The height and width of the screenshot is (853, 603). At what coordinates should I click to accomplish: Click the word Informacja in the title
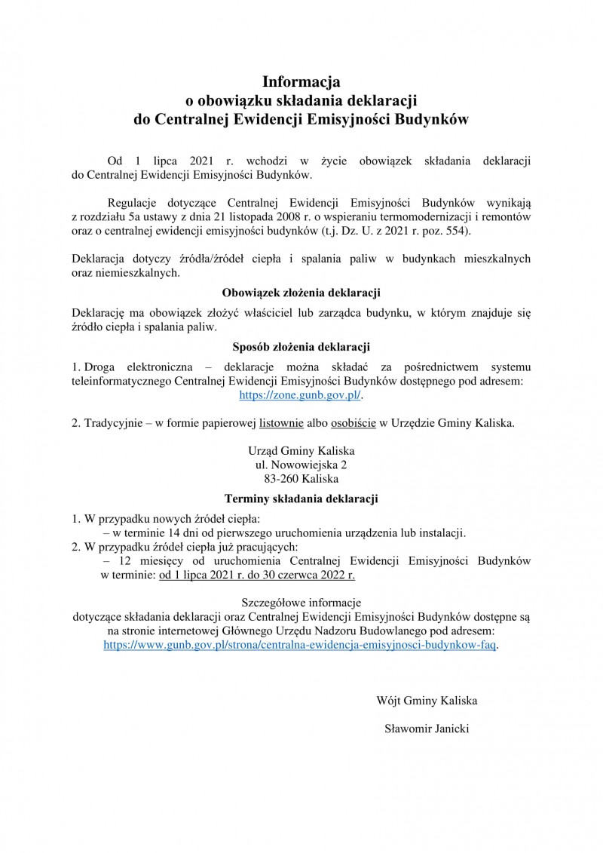tap(301, 81)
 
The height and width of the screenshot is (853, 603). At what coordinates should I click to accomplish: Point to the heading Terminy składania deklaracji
tap(301, 499)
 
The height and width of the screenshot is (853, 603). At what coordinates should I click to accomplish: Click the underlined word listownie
tap(281, 423)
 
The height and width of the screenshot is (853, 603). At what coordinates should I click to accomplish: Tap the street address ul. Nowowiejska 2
tap(301, 465)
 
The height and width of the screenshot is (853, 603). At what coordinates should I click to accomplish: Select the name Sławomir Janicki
tap(426, 729)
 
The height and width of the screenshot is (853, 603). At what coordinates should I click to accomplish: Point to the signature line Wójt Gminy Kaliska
tap(427, 701)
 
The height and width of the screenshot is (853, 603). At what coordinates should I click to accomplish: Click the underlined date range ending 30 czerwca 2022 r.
tap(256, 575)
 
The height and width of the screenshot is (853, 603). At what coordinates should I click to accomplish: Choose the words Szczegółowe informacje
tap(301, 603)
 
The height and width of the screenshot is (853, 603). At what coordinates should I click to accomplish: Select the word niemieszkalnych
tap(138, 272)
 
